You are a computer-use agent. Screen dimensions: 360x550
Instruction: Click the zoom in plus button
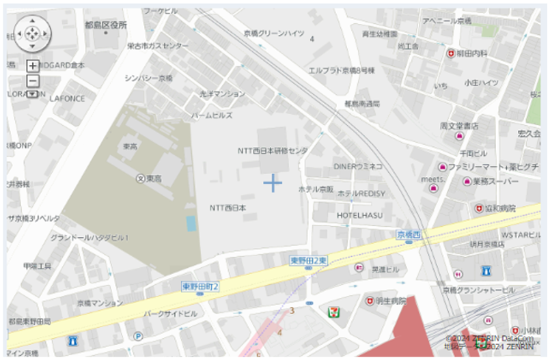point(32,66)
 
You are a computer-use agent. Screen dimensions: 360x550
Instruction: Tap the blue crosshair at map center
point(273,183)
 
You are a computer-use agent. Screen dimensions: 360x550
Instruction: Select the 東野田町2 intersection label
point(200,287)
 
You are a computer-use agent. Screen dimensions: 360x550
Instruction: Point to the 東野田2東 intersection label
point(309,260)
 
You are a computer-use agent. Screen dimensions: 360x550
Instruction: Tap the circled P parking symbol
point(139,336)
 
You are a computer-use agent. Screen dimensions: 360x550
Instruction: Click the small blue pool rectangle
point(191,223)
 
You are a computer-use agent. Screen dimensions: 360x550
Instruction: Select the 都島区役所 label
point(106,25)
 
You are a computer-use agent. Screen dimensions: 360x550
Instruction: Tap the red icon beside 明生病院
point(370,301)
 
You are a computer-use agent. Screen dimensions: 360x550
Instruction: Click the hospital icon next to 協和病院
point(480,208)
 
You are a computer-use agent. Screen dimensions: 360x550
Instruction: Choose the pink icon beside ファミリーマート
point(442,167)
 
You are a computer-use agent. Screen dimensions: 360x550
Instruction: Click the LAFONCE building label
point(67,98)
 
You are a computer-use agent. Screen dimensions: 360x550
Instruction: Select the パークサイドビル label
point(170,314)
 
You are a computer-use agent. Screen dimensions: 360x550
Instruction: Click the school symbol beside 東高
point(140,178)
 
